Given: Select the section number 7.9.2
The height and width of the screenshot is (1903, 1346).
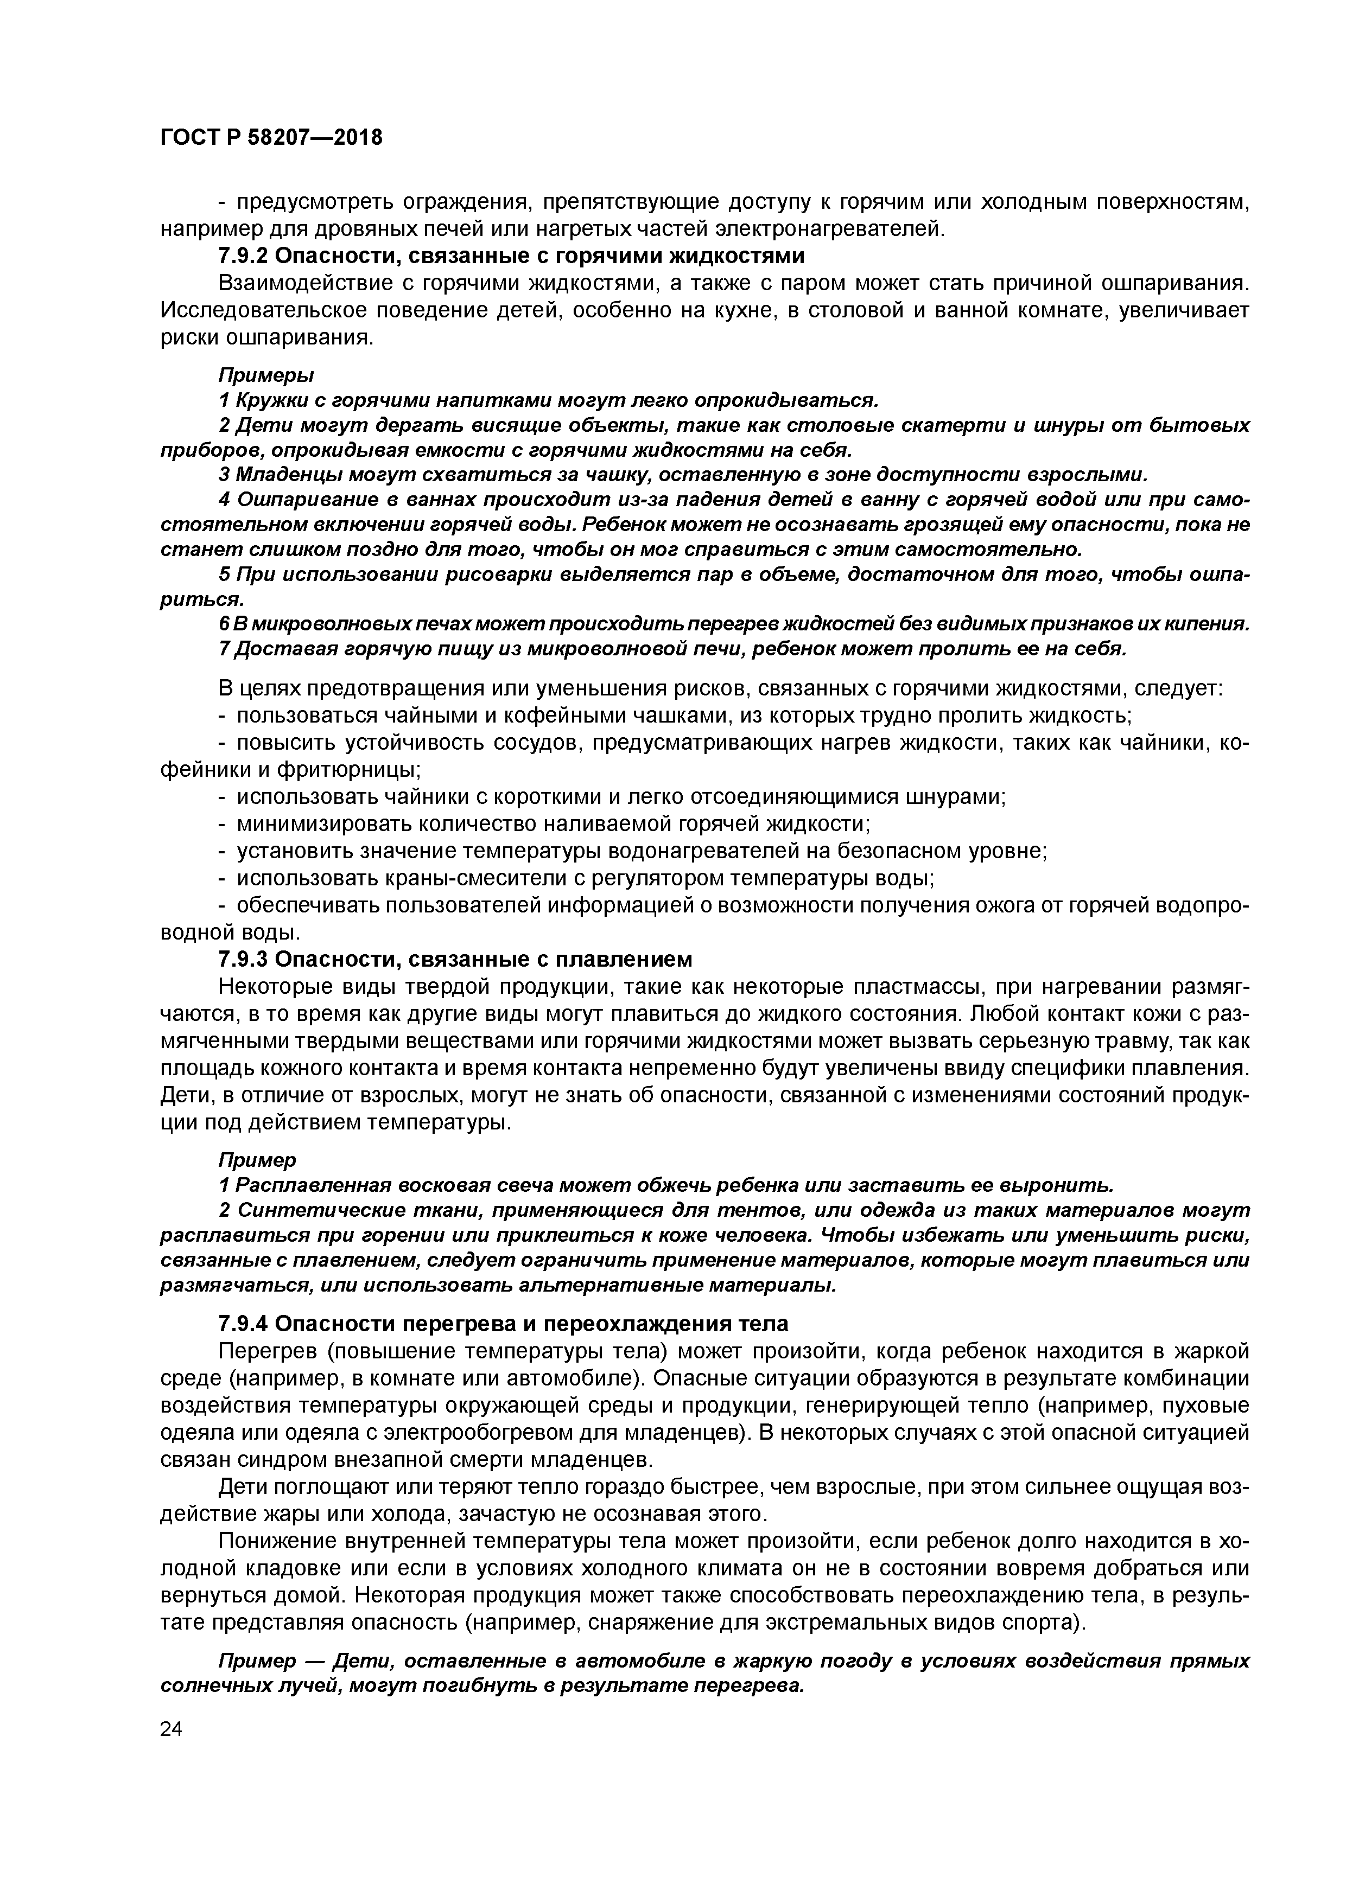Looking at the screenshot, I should click(x=242, y=256).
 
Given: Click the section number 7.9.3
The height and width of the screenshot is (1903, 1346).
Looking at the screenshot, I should click(x=242, y=959).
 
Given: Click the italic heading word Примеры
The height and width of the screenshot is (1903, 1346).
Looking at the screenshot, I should click(x=265, y=375).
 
